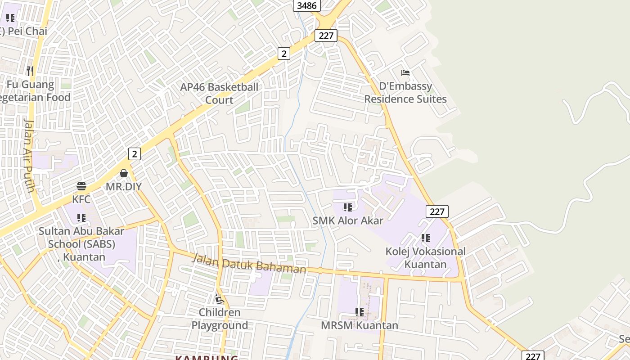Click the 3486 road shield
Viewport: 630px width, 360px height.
pos(307,5)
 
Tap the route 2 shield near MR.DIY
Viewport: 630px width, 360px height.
pos(135,154)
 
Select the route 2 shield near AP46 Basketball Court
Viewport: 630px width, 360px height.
pos(283,54)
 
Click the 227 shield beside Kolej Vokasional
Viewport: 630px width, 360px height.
pos(437,211)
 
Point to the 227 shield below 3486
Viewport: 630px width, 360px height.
pos(326,36)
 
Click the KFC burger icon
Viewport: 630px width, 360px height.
pos(81,186)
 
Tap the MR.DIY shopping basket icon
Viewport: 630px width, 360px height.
pos(124,173)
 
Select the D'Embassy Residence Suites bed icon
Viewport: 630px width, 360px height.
pos(405,73)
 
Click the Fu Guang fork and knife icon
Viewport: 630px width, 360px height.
pos(30,71)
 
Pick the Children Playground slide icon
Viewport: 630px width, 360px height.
pos(219,299)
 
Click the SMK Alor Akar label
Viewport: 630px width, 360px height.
pos(348,220)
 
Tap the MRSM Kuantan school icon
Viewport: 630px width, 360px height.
pos(359,312)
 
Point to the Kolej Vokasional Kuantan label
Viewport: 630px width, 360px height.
pos(425,257)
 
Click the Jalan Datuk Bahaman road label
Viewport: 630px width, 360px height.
pos(249,264)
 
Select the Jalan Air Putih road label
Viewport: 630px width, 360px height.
pos(28,155)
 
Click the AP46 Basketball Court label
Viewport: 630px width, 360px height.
pos(219,93)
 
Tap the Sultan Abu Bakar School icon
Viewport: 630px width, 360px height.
pos(81,218)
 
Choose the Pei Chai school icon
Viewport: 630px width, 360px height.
pos(10,18)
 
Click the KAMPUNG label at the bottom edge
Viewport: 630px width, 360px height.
pos(207,357)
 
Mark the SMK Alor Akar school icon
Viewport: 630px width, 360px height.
pos(348,207)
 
